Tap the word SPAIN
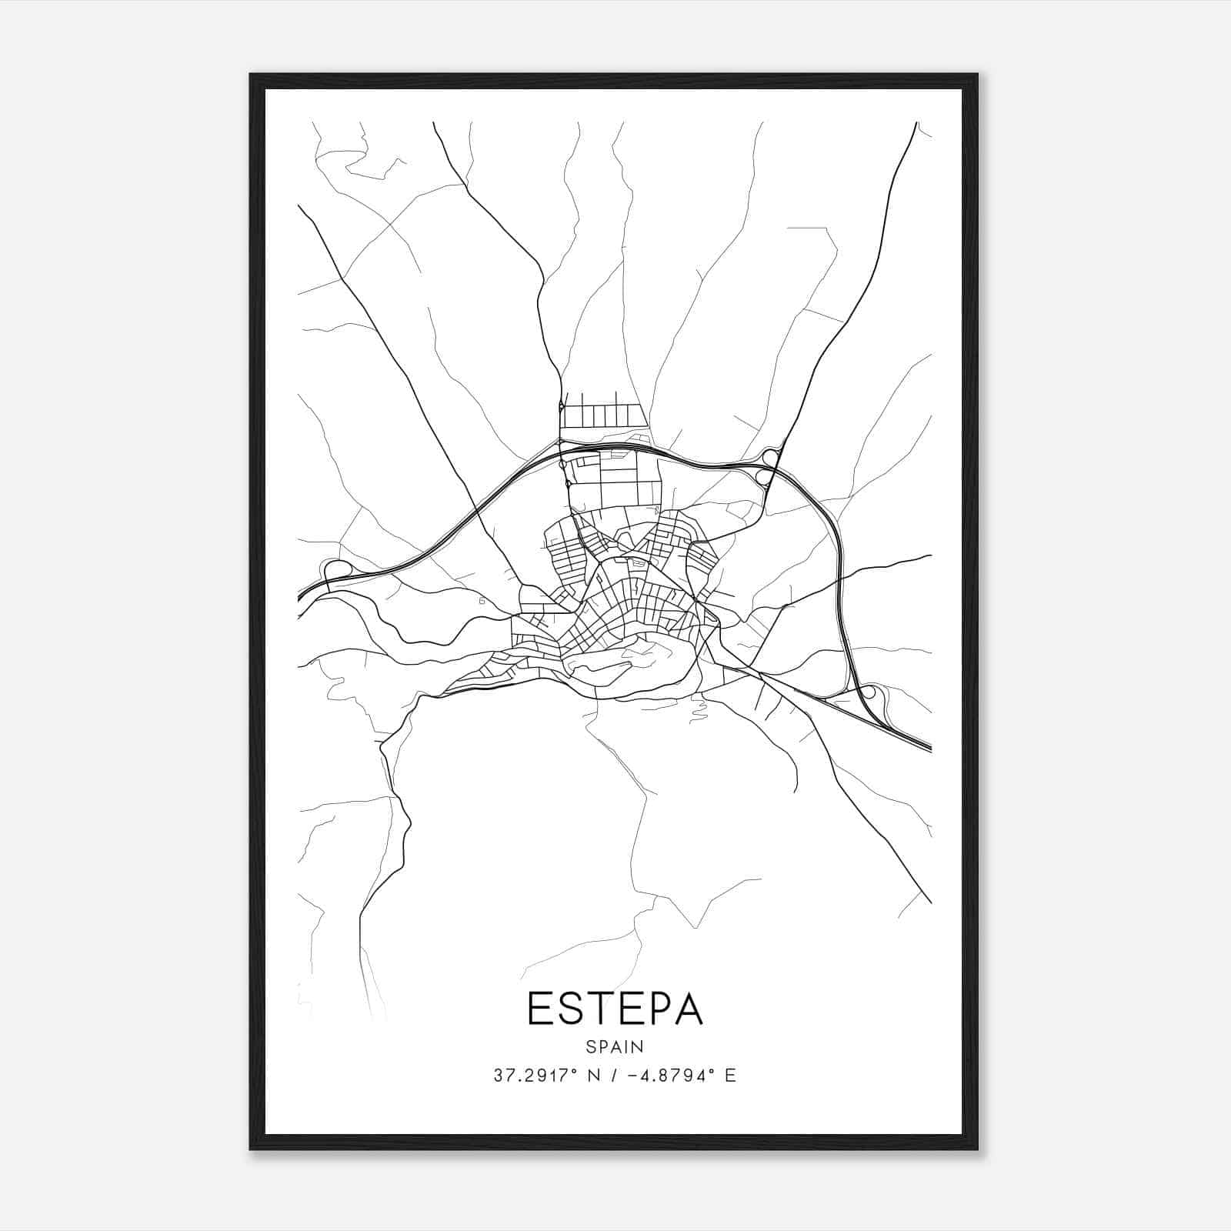coord(615,1046)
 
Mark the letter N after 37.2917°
coord(592,1076)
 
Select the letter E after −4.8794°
coord(730,1076)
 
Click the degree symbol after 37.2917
coord(574,1071)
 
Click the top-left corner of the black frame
coord(252,75)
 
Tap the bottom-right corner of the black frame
coord(977,1149)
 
